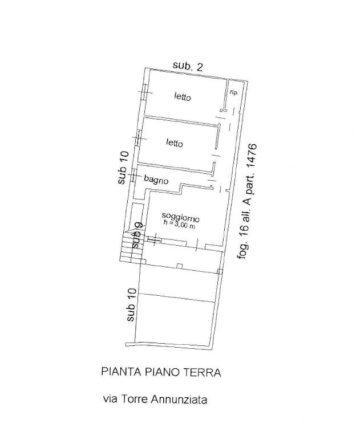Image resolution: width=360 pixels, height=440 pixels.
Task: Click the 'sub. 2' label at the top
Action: click(x=187, y=66)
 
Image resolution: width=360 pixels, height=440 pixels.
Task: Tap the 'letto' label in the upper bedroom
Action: click(x=183, y=97)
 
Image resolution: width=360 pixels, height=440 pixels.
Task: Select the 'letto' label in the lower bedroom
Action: click(x=175, y=143)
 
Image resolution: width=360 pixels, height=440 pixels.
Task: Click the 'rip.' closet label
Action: click(x=234, y=92)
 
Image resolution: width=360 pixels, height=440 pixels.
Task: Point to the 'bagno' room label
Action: click(x=156, y=180)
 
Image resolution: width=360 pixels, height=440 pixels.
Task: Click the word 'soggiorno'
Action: click(x=180, y=217)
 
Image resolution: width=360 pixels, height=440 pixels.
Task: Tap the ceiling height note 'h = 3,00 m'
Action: click(x=180, y=224)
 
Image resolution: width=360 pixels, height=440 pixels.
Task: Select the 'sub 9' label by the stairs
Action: click(x=138, y=235)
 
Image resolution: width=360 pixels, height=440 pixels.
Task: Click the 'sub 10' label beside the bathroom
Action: click(x=123, y=168)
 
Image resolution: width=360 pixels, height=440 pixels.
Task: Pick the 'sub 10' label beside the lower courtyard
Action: click(x=131, y=305)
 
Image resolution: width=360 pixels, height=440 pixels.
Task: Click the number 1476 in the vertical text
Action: click(x=252, y=157)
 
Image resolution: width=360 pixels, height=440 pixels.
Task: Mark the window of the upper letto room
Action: click(x=144, y=93)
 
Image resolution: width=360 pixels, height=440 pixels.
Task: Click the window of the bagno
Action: click(x=134, y=176)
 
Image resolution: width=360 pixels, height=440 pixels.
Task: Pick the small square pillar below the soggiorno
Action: click(x=180, y=266)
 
